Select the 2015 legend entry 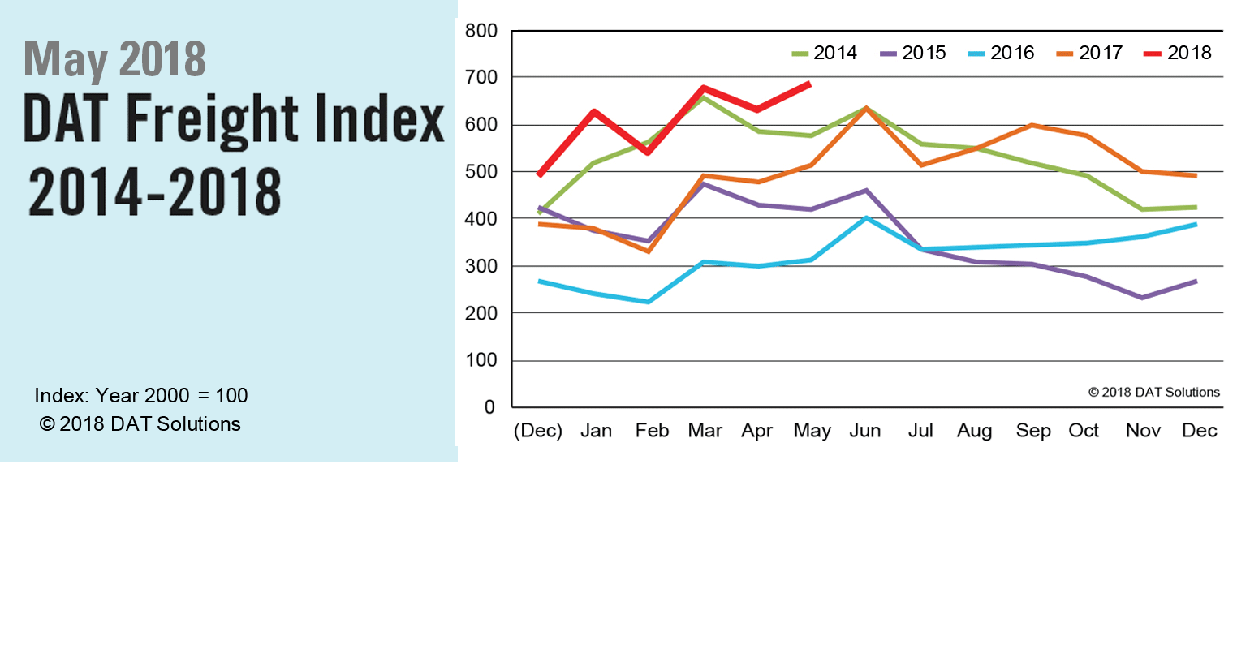click(914, 54)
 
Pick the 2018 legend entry click(1179, 54)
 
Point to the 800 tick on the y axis click(481, 32)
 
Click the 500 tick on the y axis click(481, 172)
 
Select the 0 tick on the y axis click(489, 407)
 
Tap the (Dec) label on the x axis click(538, 431)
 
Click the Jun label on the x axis click(865, 431)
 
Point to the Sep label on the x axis click(1033, 431)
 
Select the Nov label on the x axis click(1143, 431)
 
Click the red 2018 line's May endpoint click(809, 84)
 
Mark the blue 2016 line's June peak click(867, 218)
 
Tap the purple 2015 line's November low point click(1142, 298)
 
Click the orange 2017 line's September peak click(1032, 125)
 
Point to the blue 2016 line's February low click(648, 302)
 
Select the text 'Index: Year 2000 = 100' click(141, 396)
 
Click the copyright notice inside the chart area click(1153, 393)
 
